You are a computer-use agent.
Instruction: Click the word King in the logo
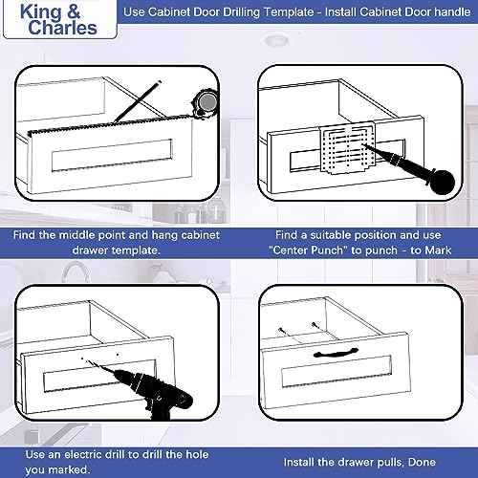pos(40,12)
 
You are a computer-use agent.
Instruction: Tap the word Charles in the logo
pos(62,28)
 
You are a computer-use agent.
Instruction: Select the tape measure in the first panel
pos(204,103)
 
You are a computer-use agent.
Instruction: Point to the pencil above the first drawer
pos(138,101)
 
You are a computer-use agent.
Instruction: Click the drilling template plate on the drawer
pos(347,148)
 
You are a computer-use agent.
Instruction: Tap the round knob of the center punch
pos(442,183)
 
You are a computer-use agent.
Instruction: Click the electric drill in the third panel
pos(150,390)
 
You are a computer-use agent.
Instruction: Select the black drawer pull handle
pos(336,353)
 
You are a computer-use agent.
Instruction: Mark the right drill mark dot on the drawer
pos(118,355)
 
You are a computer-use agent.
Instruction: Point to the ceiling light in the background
pos(276,40)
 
